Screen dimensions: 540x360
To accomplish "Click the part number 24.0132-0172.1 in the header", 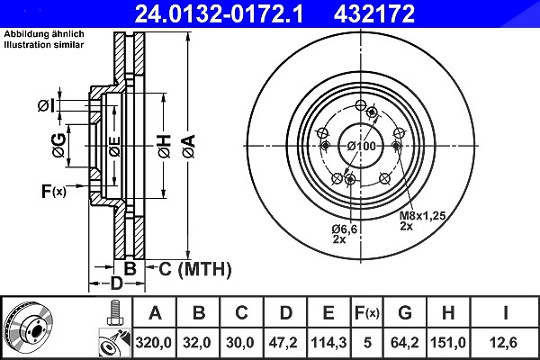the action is point(219,13).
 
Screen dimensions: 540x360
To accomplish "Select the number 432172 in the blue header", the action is point(374,13).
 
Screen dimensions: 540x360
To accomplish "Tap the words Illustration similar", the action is point(44,45).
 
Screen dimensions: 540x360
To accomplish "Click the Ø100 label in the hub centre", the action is point(361,146).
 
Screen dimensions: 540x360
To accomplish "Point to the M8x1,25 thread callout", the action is point(422,216).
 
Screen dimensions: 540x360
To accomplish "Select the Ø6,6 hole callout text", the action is point(345,229).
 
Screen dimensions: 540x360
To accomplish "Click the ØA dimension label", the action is point(189,147).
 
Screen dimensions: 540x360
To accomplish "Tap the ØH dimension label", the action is point(164,147).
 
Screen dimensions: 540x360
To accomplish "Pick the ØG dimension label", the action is point(58,146).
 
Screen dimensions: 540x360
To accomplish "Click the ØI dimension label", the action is point(46,106).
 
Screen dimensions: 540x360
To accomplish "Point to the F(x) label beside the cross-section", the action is point(53,191).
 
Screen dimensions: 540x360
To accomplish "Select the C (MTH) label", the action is point(195,269).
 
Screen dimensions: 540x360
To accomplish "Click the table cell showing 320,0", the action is point(154,343).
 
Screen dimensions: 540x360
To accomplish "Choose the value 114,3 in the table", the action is point(328,343).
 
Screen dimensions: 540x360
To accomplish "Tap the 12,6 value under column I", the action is point(505,343).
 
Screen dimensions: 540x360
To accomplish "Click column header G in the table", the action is point(405,313).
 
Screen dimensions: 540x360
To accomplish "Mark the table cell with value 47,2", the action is point(285,343).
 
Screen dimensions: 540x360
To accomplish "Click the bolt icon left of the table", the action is point(115,313).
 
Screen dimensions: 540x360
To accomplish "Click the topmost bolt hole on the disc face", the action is point(361,105).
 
